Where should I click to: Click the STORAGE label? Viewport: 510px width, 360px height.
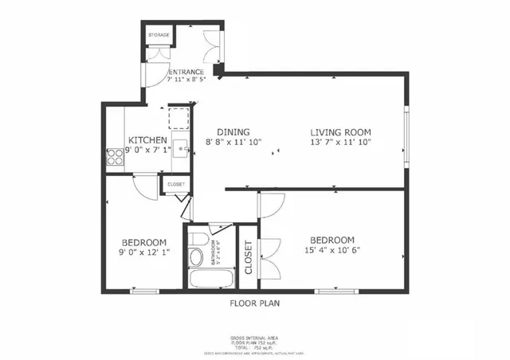pos(158,36)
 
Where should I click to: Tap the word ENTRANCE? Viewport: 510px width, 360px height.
pos(187,72)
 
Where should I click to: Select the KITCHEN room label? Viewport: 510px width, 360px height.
pos(147,140)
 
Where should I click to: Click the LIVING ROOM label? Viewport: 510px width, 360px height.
pos(341,132)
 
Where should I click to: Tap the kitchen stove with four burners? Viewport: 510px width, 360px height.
pos(114,157)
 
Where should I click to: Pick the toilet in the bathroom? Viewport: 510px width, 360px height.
pos(196,256)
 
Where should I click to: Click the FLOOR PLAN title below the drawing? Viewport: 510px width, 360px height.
pos(254,303)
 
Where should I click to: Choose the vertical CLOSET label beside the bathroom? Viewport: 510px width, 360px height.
pos(248,257)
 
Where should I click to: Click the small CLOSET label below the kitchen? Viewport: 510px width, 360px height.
pos(175,184)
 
